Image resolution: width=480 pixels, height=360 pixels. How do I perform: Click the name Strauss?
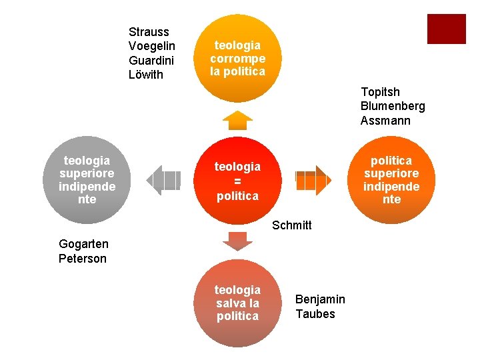click(x=149, y=32)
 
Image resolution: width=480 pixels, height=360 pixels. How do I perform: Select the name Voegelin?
click(x=152, y=46)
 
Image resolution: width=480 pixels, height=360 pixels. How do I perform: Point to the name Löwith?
click(x=146, y=75)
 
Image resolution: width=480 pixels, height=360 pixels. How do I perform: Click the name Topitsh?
click(x=380, y=92)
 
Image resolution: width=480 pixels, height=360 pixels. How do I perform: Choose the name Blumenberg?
click(x=393, y=106)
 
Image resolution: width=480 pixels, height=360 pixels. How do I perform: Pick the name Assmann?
click(x=385, y=121)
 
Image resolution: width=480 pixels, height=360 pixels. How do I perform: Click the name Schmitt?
click(x=292, y=225)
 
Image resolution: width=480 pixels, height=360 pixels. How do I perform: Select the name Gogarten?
click(x=83, y=244)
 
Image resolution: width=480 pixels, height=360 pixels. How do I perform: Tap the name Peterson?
click(x=83, y=259)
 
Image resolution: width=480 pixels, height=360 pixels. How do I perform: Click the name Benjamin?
click(x=320, y=299)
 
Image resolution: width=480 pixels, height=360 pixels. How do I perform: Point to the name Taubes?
click(x=315, y=314)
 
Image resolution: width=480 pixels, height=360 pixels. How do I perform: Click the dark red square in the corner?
click(x=446, y=29)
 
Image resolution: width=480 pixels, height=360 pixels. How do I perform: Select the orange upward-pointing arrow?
click(x=237, y=121)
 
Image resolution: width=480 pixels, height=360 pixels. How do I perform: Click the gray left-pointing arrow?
click(x=163, y=180)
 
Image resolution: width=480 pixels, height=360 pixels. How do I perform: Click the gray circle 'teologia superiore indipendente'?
click(x=87, y=180)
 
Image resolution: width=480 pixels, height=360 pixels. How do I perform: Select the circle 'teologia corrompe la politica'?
click(x=237, y=59)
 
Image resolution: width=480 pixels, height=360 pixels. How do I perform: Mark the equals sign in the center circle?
click(x=237, y=181)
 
